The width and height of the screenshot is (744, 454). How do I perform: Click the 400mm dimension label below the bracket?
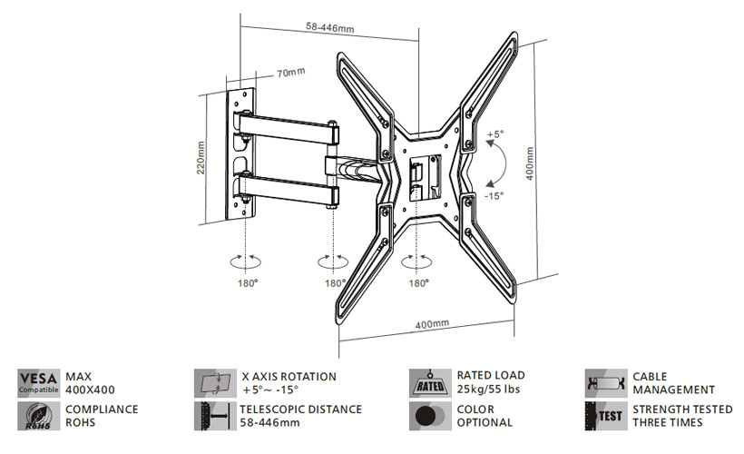[x=432, y=324]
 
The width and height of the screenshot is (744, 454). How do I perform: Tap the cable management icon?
[x=605, y=382]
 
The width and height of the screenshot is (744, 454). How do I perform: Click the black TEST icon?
[x=605, y=416]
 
